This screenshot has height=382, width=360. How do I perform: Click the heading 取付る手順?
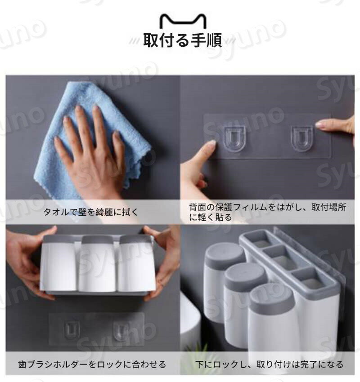coord(183,40)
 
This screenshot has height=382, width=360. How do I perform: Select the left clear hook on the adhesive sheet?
coord(234,139)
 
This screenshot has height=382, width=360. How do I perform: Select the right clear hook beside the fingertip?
coord(302,138)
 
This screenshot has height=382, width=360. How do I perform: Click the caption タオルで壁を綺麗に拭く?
coord(91,212)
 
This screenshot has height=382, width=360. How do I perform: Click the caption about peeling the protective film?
coord(268,212)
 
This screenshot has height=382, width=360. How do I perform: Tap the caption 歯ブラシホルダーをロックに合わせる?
coord(92,364)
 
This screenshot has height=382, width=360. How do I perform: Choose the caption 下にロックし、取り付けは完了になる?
coord(269,364)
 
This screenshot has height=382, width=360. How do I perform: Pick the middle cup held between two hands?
coord(97,264)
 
